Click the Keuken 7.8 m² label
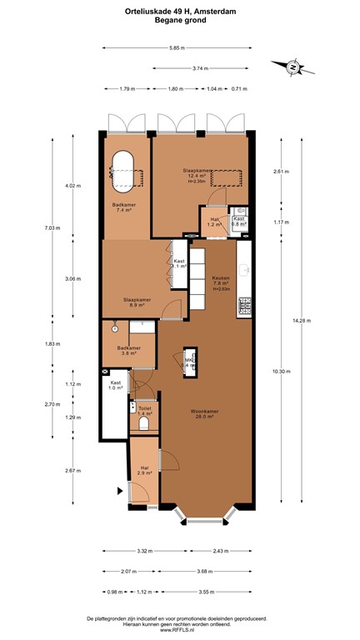220,282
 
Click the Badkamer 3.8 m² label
129,350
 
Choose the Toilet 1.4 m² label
145,410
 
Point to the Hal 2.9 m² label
145,470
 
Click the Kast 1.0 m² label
115,386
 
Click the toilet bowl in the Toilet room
145,423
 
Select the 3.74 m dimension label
199,68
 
